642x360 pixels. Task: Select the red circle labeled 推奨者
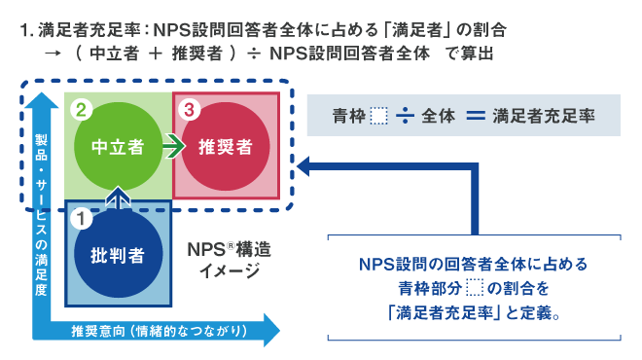226,147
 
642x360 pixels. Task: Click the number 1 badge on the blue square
83,218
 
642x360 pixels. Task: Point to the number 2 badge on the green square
83,108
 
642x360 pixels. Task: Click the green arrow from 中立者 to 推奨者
172,147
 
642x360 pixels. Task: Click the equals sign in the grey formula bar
474,117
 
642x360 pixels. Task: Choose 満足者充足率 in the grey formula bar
542,117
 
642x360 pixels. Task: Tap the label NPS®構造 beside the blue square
229,249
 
